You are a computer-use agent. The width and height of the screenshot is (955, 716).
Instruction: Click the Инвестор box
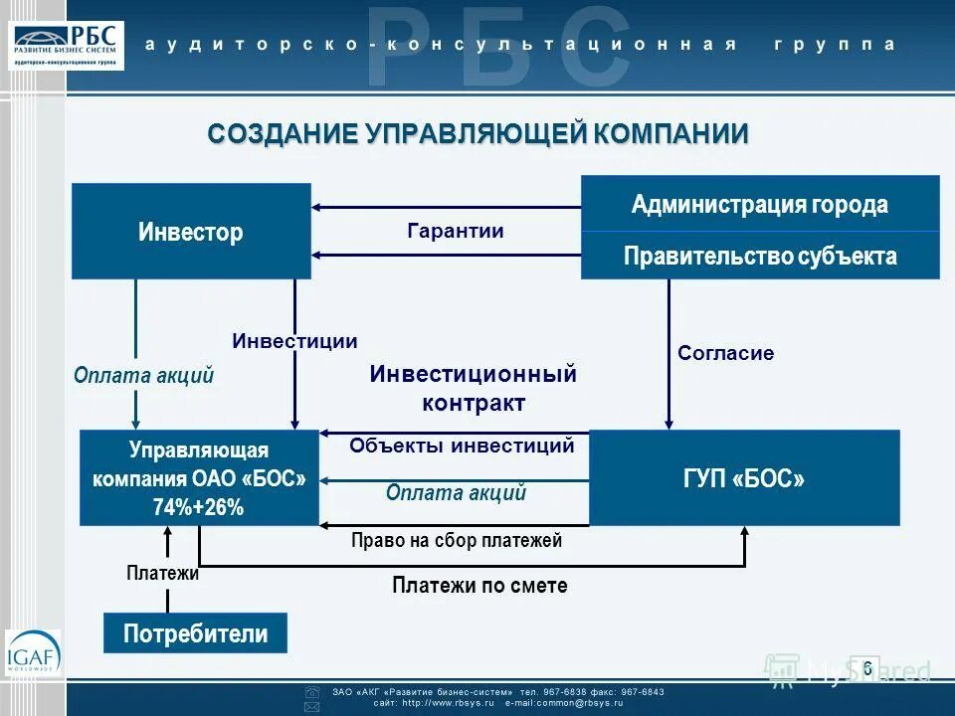click(x=191, y=232)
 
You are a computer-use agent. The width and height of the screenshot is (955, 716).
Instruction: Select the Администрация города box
click(x=760, y=205)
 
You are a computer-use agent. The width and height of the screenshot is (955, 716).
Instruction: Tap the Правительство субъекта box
click(x=760, y=256)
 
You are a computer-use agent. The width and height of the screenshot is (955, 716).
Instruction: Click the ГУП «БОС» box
click(x=744, y=478)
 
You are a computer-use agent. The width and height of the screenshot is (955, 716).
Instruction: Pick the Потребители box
click(x=195, y=633)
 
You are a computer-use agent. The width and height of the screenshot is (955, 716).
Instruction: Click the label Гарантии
click(x=456, y=231)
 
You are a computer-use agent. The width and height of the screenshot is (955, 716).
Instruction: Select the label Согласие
click(x=725, y=353)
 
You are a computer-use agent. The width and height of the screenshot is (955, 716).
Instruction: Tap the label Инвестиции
click(x=294, y=341)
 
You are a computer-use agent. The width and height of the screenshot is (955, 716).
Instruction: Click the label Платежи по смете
click(x=479, y=586)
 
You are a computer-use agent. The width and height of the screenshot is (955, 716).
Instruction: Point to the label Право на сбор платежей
click(x=457, y=541)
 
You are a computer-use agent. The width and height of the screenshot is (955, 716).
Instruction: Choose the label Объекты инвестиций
click(x=462, y=446)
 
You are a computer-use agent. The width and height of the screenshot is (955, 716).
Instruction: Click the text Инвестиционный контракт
click(x=474, y=389)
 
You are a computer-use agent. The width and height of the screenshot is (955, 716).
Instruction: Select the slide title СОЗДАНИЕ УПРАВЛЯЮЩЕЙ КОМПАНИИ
click(x=477, y=134)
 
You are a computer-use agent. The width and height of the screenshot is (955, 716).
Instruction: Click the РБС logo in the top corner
click(x=67, y=44)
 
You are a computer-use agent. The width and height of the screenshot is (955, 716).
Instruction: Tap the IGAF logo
click(x=33, y=654)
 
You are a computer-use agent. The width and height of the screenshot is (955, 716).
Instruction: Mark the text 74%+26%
click(x=198, y=507)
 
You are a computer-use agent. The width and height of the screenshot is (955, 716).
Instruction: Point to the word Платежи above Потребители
click(x=163, y=573)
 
